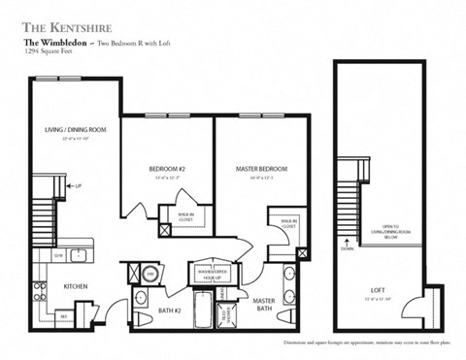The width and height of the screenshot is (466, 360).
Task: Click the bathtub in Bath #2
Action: tap(198, 312)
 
